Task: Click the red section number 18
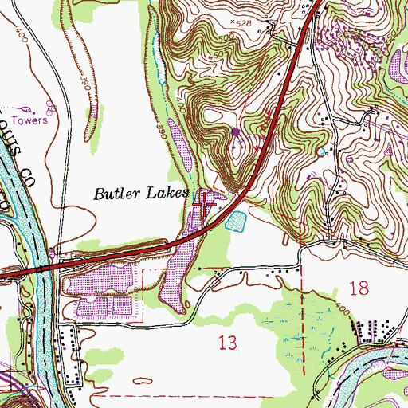tap(359, 289)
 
